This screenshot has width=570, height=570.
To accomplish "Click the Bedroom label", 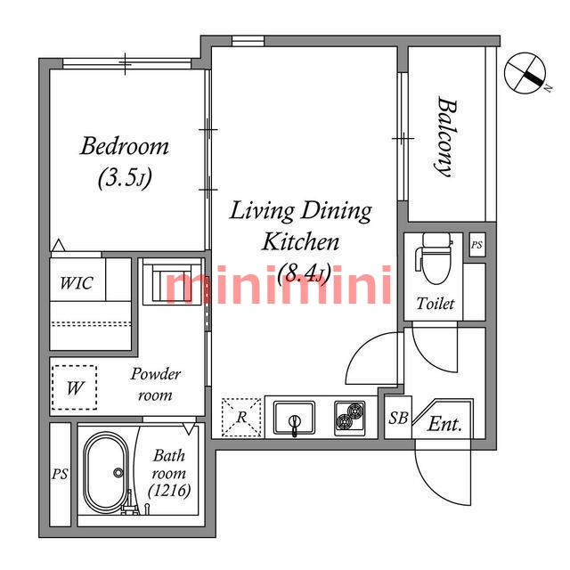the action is (125, 146).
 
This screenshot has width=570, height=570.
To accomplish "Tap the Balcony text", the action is (446, 136).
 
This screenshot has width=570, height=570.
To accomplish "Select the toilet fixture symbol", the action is (435, 258).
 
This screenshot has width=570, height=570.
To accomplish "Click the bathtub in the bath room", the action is (106, 473).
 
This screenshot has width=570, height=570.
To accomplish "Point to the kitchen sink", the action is (294, 418).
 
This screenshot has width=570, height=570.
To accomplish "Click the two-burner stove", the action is (350, 418).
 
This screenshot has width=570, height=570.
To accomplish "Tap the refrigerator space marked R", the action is (241, 418).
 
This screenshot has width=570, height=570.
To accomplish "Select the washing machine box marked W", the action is (75, 387).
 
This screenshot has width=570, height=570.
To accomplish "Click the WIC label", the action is (77, 283).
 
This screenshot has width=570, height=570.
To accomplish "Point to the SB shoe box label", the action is (398, 418).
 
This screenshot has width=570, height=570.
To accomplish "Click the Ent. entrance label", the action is (445, 424).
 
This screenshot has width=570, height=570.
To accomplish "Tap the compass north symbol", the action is (525, 73).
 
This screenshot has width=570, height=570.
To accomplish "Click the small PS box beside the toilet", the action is (476, 245).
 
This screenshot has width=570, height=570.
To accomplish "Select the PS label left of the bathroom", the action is (60, 474).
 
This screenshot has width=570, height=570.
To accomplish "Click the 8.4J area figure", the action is (304, 273).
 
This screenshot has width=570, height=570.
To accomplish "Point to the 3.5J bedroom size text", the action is (125, 178).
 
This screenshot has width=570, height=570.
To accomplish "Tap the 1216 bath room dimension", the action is (169, 491).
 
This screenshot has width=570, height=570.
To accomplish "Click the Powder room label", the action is (156, 385).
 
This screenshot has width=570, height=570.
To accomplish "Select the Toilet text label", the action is (436, 304).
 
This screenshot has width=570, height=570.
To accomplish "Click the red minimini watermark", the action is (279, 285).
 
